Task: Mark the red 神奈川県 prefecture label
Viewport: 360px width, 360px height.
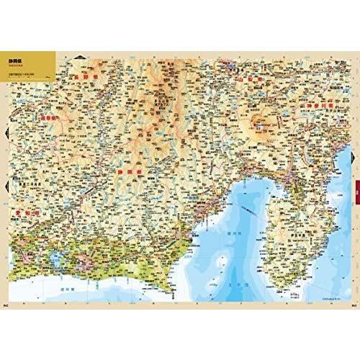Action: [x=320, y=107]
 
